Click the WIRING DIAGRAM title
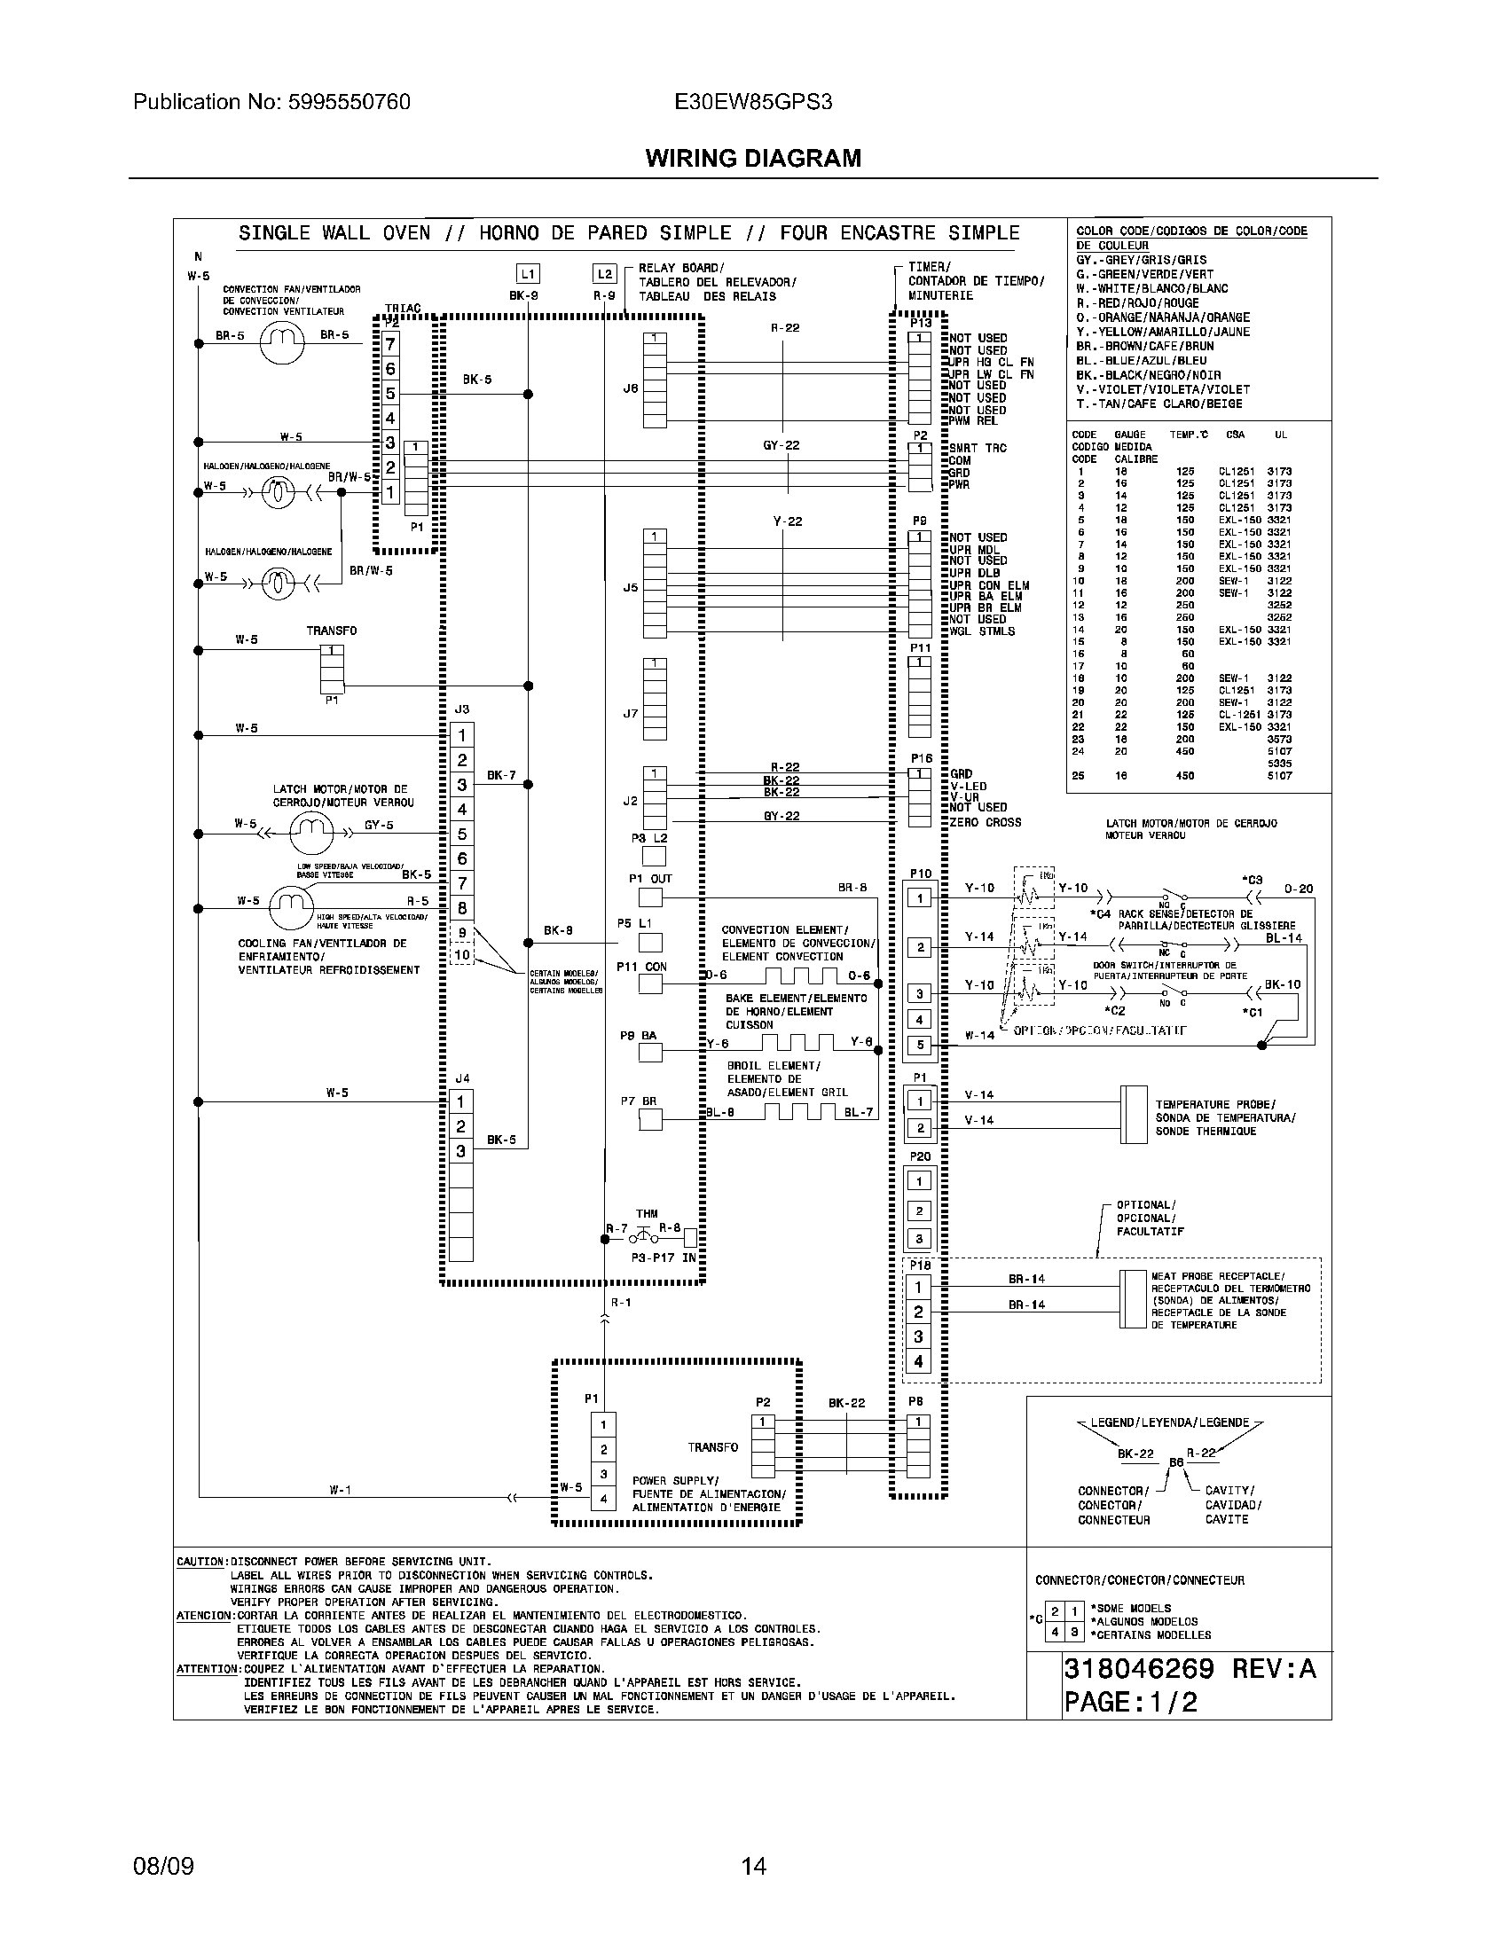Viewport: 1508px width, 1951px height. pos(753,158)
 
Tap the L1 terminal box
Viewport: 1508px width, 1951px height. pos(528,274)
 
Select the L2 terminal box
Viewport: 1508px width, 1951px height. pos(605,274)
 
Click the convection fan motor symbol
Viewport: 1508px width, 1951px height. pos(282,341)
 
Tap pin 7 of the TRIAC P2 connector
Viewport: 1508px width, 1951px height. pos(390,344)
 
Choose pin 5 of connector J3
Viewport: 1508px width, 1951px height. pos(461,834)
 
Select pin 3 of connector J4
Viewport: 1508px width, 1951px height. pos(461,1150)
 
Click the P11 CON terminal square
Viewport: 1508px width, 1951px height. pos(650,983)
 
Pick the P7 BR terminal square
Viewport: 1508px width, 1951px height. pos(650,1119)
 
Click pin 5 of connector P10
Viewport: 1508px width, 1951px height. pos(919,1045)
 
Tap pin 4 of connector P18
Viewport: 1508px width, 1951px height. pos(918,1361)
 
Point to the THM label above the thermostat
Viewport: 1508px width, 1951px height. pos(647,1213)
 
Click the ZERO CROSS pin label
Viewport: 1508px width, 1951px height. pos(986,822)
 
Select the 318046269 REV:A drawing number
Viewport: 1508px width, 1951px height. pos(1189,1669)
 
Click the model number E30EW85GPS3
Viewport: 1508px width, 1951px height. pos(753,102)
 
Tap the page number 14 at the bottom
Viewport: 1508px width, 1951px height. pos(753,1866)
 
